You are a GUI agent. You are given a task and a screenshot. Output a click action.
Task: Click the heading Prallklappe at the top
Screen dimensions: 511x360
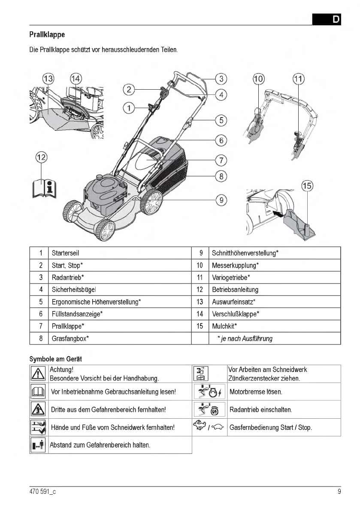(47, 34)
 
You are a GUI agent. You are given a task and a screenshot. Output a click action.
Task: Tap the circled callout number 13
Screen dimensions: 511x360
(48, 79)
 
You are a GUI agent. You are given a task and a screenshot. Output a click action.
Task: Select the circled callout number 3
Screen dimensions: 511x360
(221, 79)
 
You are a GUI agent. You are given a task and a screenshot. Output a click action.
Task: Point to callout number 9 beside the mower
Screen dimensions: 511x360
(221, 200)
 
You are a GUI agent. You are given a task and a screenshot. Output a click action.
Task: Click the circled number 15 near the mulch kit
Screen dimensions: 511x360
(307, 186)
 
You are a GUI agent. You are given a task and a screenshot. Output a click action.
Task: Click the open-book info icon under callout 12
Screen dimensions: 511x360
(44, 187)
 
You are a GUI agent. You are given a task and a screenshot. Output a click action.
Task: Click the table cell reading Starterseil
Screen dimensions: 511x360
(66, 253)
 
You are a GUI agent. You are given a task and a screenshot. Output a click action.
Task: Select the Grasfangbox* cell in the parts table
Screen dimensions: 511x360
(70, 339)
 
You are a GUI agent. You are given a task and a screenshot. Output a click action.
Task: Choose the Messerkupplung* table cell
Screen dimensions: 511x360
(236, 265)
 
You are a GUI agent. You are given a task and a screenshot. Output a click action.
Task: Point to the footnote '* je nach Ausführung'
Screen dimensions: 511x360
(245, 339)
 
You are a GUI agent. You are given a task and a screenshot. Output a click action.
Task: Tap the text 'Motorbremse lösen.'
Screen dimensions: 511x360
(256, 392)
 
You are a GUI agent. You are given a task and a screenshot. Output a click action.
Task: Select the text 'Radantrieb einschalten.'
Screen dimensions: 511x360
(261, 410)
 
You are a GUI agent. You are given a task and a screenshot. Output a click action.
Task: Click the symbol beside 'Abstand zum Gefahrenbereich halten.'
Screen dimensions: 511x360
(39, 445)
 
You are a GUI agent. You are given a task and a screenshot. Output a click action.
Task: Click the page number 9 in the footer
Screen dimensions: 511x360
(339, 492)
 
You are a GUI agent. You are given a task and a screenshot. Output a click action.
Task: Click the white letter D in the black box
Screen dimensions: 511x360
(336, 20)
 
